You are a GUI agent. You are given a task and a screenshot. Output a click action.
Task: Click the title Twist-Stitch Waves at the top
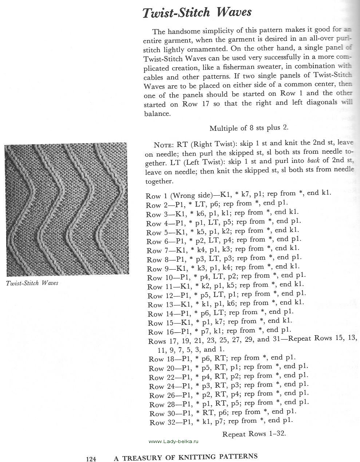click(197, 13)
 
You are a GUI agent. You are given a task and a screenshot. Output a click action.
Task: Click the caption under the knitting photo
click(32, 283)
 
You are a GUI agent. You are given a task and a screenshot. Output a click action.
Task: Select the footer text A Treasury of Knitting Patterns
click(186, 457)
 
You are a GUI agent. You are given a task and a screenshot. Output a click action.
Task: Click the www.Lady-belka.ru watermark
click(175, 441)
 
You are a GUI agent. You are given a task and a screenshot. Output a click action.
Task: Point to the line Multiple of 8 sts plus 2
click(249, 128)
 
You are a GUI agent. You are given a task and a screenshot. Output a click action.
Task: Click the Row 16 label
click(159, 332)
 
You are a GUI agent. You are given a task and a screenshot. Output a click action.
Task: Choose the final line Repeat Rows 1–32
click(254, 434)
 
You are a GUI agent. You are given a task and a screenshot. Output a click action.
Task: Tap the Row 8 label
click(157, 259)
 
